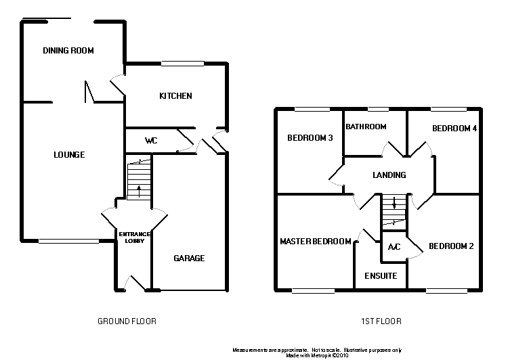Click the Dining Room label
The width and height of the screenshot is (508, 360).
68,51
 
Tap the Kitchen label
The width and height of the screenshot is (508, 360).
175,96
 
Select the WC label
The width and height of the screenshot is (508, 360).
151,141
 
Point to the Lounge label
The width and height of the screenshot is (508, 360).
69,155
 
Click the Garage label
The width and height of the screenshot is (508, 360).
189,258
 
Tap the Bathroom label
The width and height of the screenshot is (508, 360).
366,127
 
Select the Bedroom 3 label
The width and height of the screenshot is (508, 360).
310,138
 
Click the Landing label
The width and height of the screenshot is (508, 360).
389,175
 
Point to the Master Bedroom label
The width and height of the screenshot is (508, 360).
316,242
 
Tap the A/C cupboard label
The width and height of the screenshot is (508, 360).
394,247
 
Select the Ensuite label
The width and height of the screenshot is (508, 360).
381,276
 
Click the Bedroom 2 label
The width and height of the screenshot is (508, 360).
451,246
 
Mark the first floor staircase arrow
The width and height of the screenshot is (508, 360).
394,204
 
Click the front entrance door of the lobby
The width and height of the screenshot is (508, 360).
134,284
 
